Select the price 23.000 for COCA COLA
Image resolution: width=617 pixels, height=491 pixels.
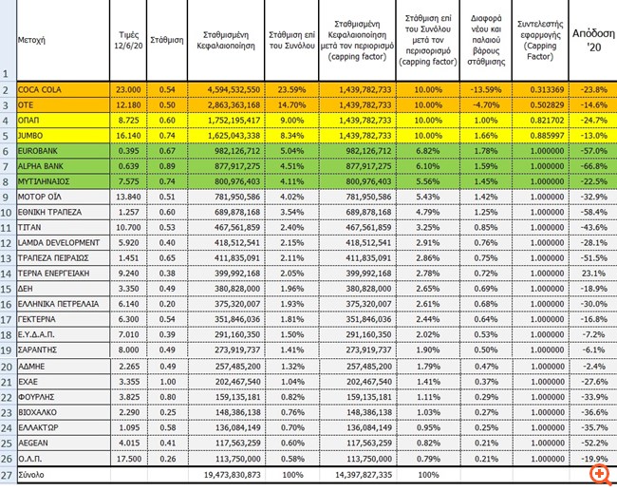[129, 89]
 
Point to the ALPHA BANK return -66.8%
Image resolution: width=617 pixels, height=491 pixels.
[593, 165]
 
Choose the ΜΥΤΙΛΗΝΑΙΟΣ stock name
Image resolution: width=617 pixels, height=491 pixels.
[46, 180]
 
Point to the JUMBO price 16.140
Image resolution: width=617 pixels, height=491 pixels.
[129, 135]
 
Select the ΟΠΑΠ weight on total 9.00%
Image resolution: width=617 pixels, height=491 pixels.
[290, 120]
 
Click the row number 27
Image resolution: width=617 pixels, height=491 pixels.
[7, 474]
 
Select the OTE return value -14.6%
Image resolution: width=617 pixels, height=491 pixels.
[593, 104]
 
